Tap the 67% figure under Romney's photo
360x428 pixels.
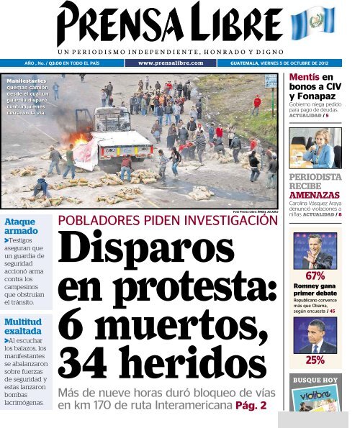pyautogui.click(x=315, y=276)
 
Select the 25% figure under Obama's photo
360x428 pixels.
pyautogui.click(x=315, y=360)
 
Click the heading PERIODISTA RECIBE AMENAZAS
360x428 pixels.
pyautogui.click(x=315, y=186)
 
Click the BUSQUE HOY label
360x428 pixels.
pyautogui.click(x=315, y=380)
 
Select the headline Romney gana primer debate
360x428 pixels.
pyautogui.click(x=315, y=290)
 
